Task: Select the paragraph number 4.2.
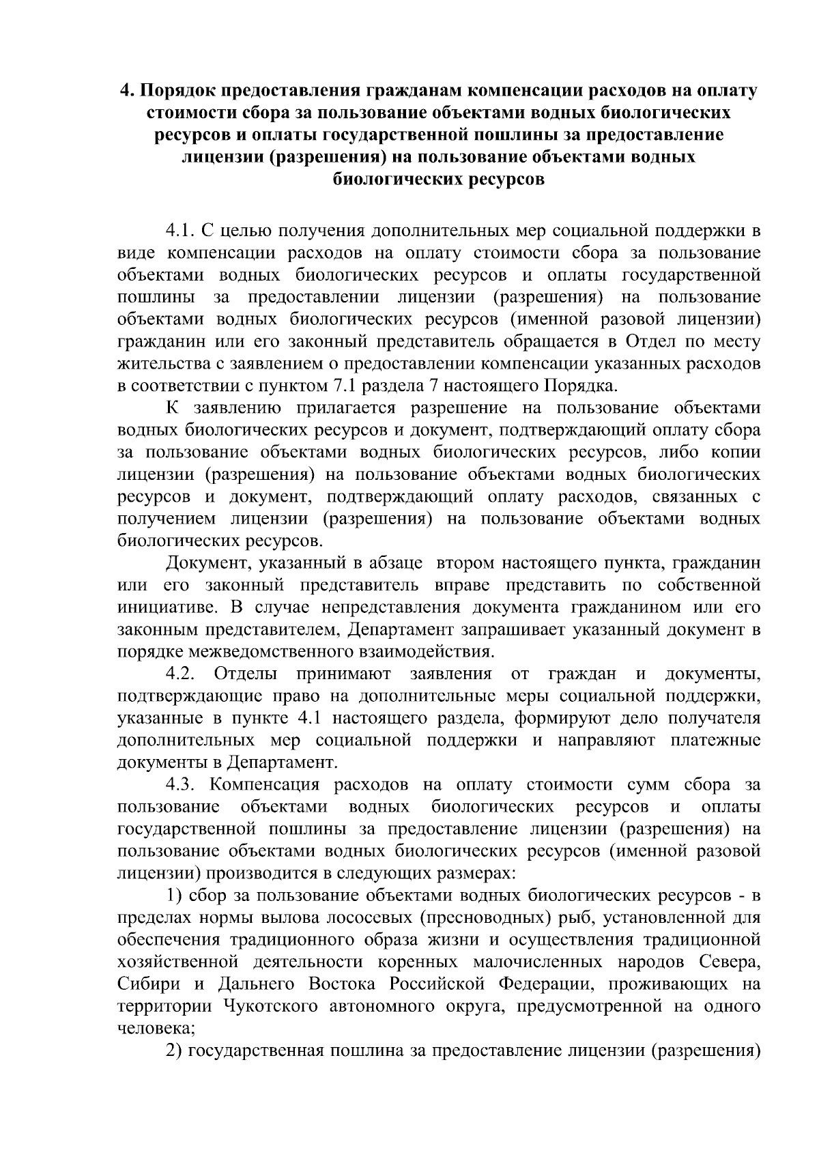[x=182, y=674]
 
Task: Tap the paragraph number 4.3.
[x=182, y=785]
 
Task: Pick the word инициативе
[x=164, y=607]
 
